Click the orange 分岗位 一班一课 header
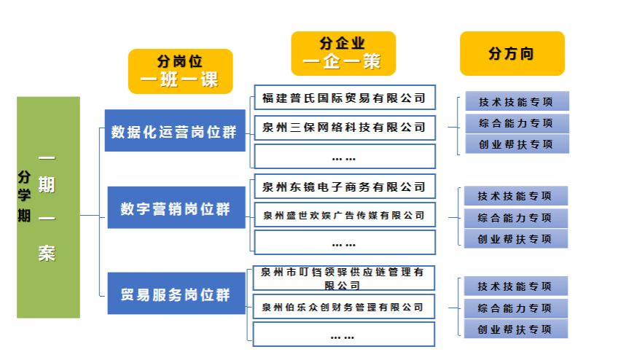coord(180,71)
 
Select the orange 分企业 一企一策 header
coord(343,53)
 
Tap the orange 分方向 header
coord(512,53)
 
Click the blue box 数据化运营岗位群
coord(174,131)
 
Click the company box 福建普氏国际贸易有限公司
coord(344,98)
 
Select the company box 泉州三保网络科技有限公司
coord(344,127)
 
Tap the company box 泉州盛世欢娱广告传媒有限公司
coord(344,215)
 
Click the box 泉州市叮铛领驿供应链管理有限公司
coord(344,278)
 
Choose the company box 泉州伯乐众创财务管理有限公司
coord(344,307)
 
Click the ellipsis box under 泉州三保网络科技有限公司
coord(344,157)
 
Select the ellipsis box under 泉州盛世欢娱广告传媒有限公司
coord(344,243)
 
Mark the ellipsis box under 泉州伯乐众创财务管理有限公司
coord(344,335)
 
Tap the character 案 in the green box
coord(47,254)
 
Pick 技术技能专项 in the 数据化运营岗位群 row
coord(516,102)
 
